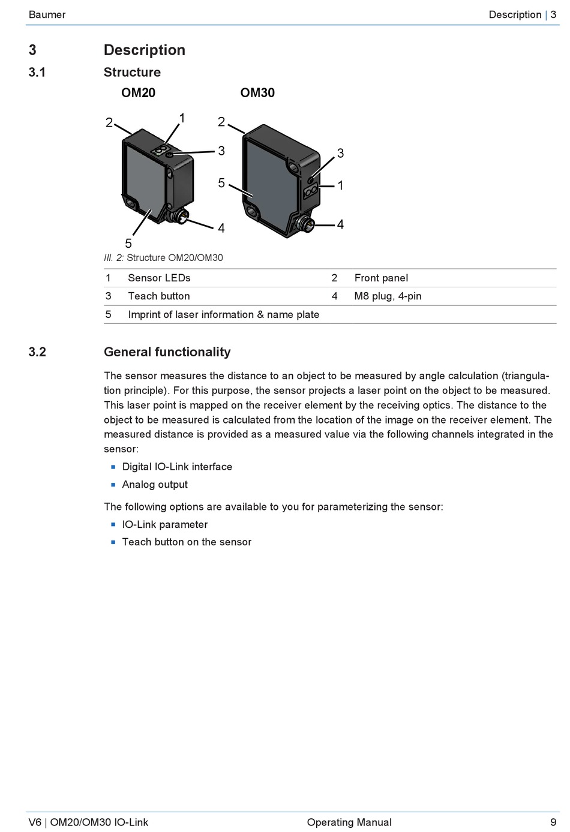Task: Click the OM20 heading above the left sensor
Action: (x=138, y=92)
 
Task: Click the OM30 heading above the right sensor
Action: (x=257, y=92)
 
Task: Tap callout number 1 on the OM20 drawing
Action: (x=182, y=118)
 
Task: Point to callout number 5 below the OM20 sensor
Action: (x=128, y=243)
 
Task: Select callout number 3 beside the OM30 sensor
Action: (x=340, y=153)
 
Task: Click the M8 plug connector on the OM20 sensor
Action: (x=179, y=215)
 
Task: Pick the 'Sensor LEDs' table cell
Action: (x=159, y=278)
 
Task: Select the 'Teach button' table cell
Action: (x=159, y=296)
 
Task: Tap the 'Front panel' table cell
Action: (x=381, y=278)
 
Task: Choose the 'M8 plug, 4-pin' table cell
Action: (x=388, y=296)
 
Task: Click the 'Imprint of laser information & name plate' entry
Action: (x=223, y=314)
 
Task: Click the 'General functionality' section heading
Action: (x=167, y=352)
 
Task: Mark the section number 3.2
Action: (x=37, y=352)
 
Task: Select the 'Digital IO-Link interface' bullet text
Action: (x=177, y=467)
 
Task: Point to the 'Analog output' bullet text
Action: (x=155, y=484)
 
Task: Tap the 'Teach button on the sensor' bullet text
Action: (x=187, y=542)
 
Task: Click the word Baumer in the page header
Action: (x=47, y=14)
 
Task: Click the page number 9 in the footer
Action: (x=553, y=822)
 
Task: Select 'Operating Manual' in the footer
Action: (x=349, y=822)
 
